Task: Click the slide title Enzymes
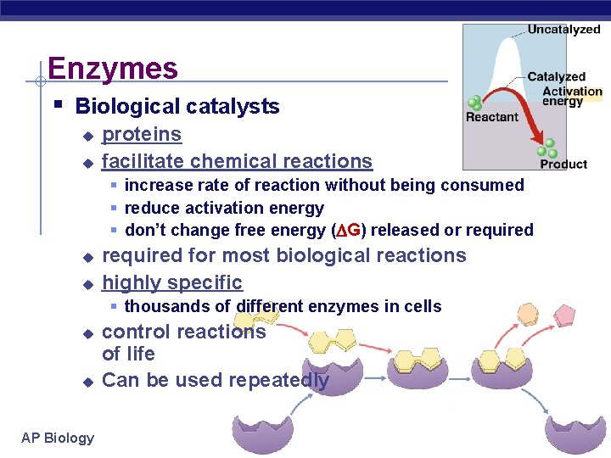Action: coord(113,69)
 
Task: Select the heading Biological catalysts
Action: coord(177,106)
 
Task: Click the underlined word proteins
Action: coord(142,134)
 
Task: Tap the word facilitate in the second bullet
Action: coord(142,161)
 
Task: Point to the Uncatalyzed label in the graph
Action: coord(563,30)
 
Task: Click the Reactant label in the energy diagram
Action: coord(491,117)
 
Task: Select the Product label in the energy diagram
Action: coord(563,164)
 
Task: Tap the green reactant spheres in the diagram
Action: coord(475,103)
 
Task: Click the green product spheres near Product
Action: coord(550,148)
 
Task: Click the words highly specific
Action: coord(172,282)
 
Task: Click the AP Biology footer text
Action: coord(58,438)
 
